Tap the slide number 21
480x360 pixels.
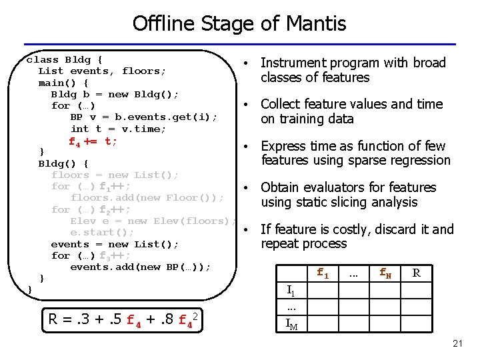[x=457, y=343]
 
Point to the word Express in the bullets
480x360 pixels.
[x=284, y=146]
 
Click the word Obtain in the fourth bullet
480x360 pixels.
[x=281, y=188]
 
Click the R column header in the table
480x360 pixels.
[x=416, y=273]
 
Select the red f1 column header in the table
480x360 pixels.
[x=323, y=273]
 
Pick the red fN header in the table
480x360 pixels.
[x=385, y=273]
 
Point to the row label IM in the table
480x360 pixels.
[x=291, y=324]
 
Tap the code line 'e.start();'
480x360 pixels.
[x=102, y=233]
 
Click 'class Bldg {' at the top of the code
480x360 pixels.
[x=64, y=59]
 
